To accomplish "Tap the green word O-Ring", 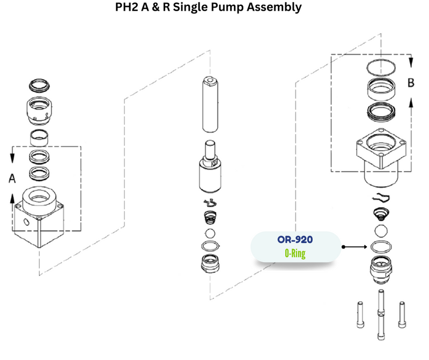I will click(295, 253).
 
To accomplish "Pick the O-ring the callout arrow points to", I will click(381, 247).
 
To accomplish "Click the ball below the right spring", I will click(381, 231).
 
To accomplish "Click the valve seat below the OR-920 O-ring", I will click(381, 268).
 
